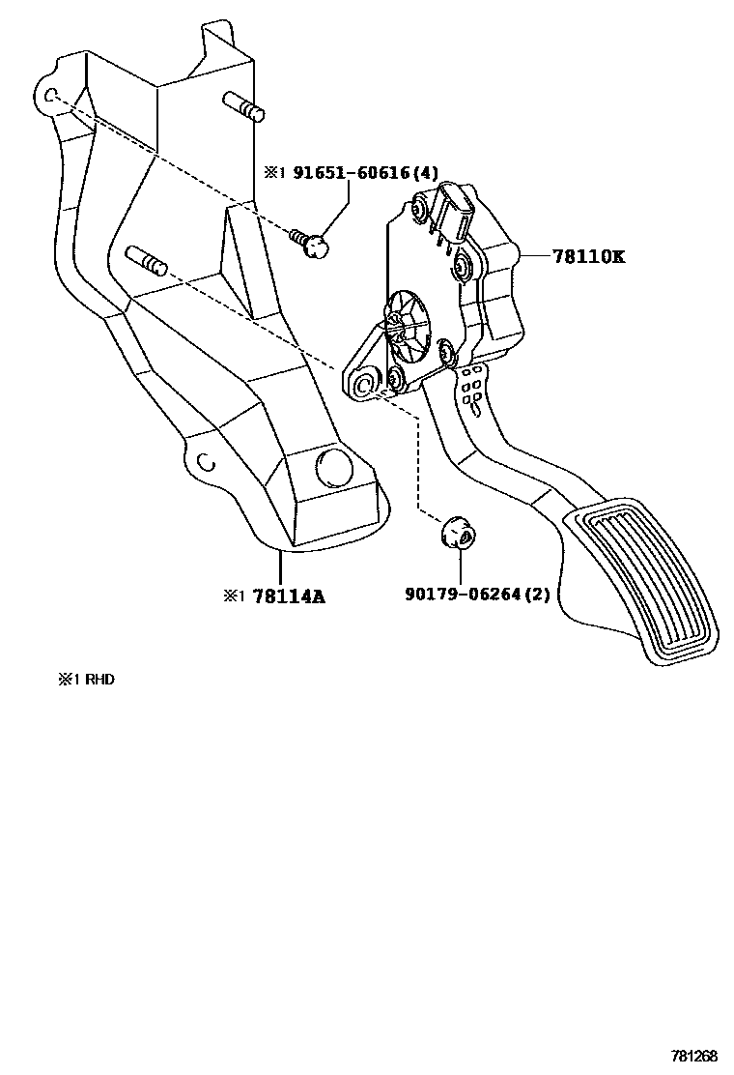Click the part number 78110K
pos(588,256)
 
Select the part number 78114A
pos(289,596)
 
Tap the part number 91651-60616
pos(352,173)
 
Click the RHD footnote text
pos(86,680)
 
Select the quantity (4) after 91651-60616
pos(425,173)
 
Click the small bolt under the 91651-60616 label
pos(310,242)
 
